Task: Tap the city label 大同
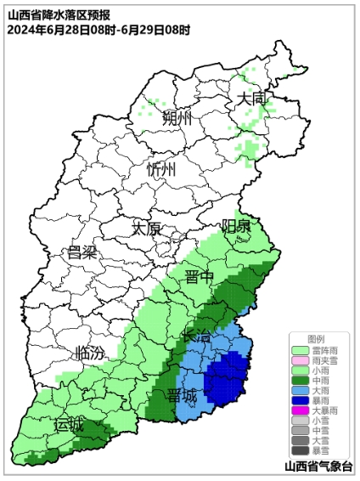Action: coord(251,99)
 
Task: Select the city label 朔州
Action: coord(177,116)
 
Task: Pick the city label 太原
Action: coord(146,228)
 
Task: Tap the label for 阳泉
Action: coord(236,226)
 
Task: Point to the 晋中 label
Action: coord(200,277)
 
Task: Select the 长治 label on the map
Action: coord(197,337)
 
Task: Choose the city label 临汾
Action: coord(90,352)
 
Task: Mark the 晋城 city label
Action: coord(182,395)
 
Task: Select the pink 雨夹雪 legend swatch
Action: coord(300,361)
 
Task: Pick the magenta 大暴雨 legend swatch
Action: coord(300,409)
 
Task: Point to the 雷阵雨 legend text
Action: coord(324,349)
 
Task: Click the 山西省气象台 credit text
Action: coord(320,467)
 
